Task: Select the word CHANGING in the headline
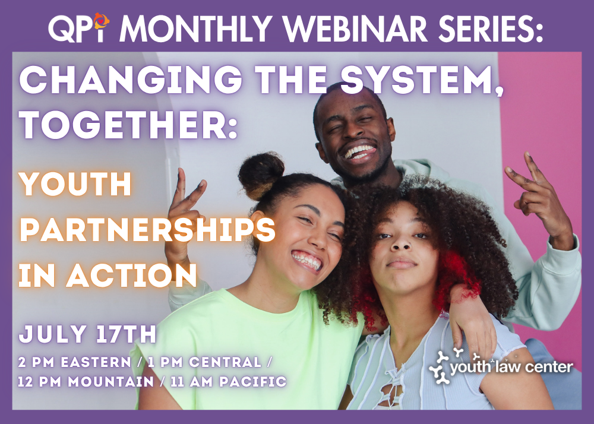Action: pyautogui.click(x=131, y=80)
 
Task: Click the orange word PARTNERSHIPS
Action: pyautogui.click(x=147, y=229)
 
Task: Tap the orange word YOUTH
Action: pyautogui.click(x=75, y=184)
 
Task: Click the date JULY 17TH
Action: pyautogui.click(x=87, y=334)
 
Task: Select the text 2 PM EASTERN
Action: pyautogui.click(x=75, y=362)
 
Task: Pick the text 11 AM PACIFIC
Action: pyautogui.click(x=229, y=381)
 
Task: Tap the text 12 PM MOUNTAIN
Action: pyautogui.click(x=86, y=381)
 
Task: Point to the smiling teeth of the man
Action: pyautogui.click(x=359, y=152)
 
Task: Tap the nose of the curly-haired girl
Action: pyautogui.click(x=401, y=244)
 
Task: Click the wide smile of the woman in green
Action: pyautogui.click(x=308, y=261)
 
